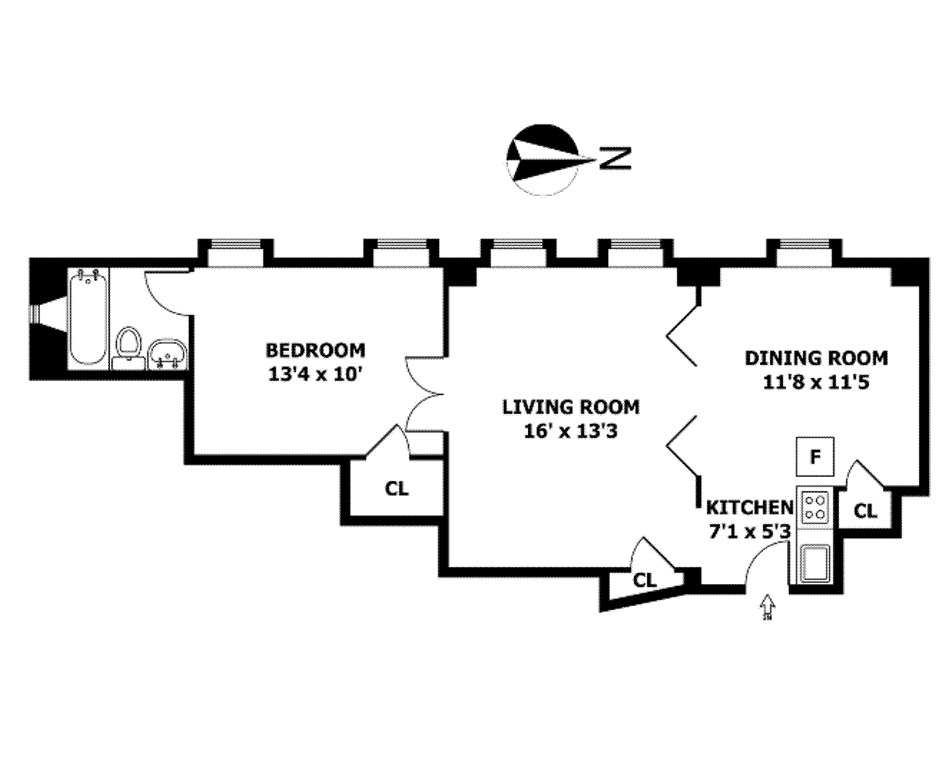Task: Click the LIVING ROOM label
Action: click(x=571, y=407)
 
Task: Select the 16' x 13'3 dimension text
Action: click(x=571, y=431)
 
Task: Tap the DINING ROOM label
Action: click(x=816, y=358)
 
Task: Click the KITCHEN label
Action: click(x=749, y=507)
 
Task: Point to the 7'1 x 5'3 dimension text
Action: click(x=749, y=531)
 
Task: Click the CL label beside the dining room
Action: click(x=865, y=511)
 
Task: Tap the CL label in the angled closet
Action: click(x=644, y=580)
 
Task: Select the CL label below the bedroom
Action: click(x=397, y=489)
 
